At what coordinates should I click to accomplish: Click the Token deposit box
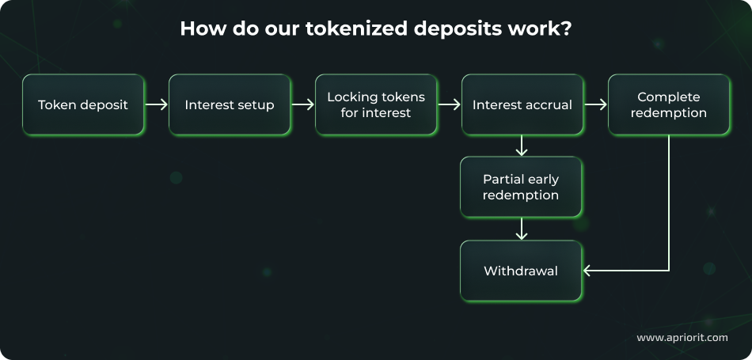pyautogui.click(x=83, y=104)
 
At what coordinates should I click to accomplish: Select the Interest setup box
pyautogui.click(x=230, y=104)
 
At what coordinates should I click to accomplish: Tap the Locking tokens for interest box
pyautogui.click(x=376, y=104)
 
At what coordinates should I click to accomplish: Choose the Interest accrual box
pyautogui.click(x=522, y=104)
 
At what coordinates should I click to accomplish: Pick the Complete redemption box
pyautogui.click(x=669, y=104)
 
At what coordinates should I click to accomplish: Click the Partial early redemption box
pyautogui.click(x=521, y=187)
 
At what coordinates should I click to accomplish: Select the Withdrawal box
pyautogui.click(x=521, y=271)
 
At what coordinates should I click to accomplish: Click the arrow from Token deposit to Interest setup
pyautogui.click(x=157, y=104)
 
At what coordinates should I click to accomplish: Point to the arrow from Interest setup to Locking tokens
pyautogui.click(x=303, y=104)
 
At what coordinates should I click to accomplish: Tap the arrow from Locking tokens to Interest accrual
pyautogui.click(x=450, y=104)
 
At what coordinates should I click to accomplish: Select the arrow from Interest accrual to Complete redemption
pyautogui.click(x=595, y=104)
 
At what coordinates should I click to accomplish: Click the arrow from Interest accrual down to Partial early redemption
pyautogui.click(x=521, y=146)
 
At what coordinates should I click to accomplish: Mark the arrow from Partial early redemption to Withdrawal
pyautogui.click(x=521, y=229)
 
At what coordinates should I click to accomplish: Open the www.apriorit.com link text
pyautogui.click(x=682, y=338)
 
